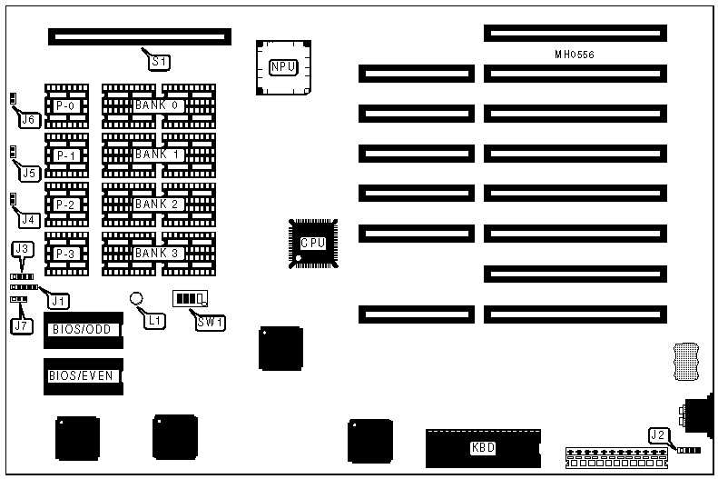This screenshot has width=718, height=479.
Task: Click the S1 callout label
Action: pos(160,62)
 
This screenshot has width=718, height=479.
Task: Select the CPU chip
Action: pos(311,243)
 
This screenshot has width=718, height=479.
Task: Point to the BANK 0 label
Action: pos(158,105)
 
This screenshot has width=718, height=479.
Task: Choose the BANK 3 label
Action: pos(158,253)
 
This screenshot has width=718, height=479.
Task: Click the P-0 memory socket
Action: pos(66,106)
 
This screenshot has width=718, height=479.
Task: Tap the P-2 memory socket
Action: pos(66,205)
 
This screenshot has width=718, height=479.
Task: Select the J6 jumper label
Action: pos(28,119)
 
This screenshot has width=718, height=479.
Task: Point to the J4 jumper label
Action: pos(28,219)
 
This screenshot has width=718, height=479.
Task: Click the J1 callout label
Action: pos(58,299)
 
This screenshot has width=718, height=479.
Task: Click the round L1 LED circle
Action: pos(136,298)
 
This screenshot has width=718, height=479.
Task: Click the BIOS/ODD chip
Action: pos(84,329)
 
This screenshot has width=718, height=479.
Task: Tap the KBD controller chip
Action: pos(482,446)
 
